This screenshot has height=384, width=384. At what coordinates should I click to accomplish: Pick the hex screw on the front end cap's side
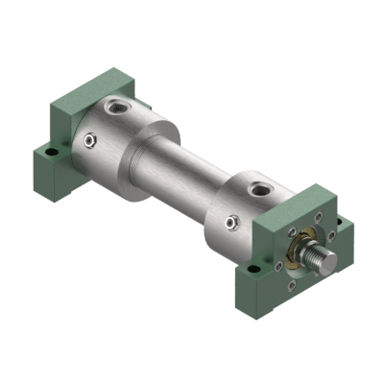click(x=231, y=223)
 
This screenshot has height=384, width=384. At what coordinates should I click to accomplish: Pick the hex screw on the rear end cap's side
click(x=88, y=142)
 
